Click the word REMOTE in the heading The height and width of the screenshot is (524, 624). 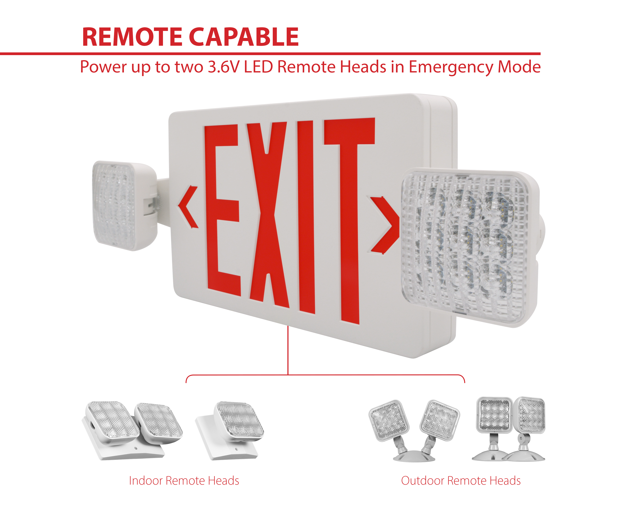132,37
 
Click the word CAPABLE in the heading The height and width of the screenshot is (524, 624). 244,37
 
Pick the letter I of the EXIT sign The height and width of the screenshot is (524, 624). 306,217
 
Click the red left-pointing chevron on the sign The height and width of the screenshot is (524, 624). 188,207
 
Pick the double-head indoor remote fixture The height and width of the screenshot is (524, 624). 132,430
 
